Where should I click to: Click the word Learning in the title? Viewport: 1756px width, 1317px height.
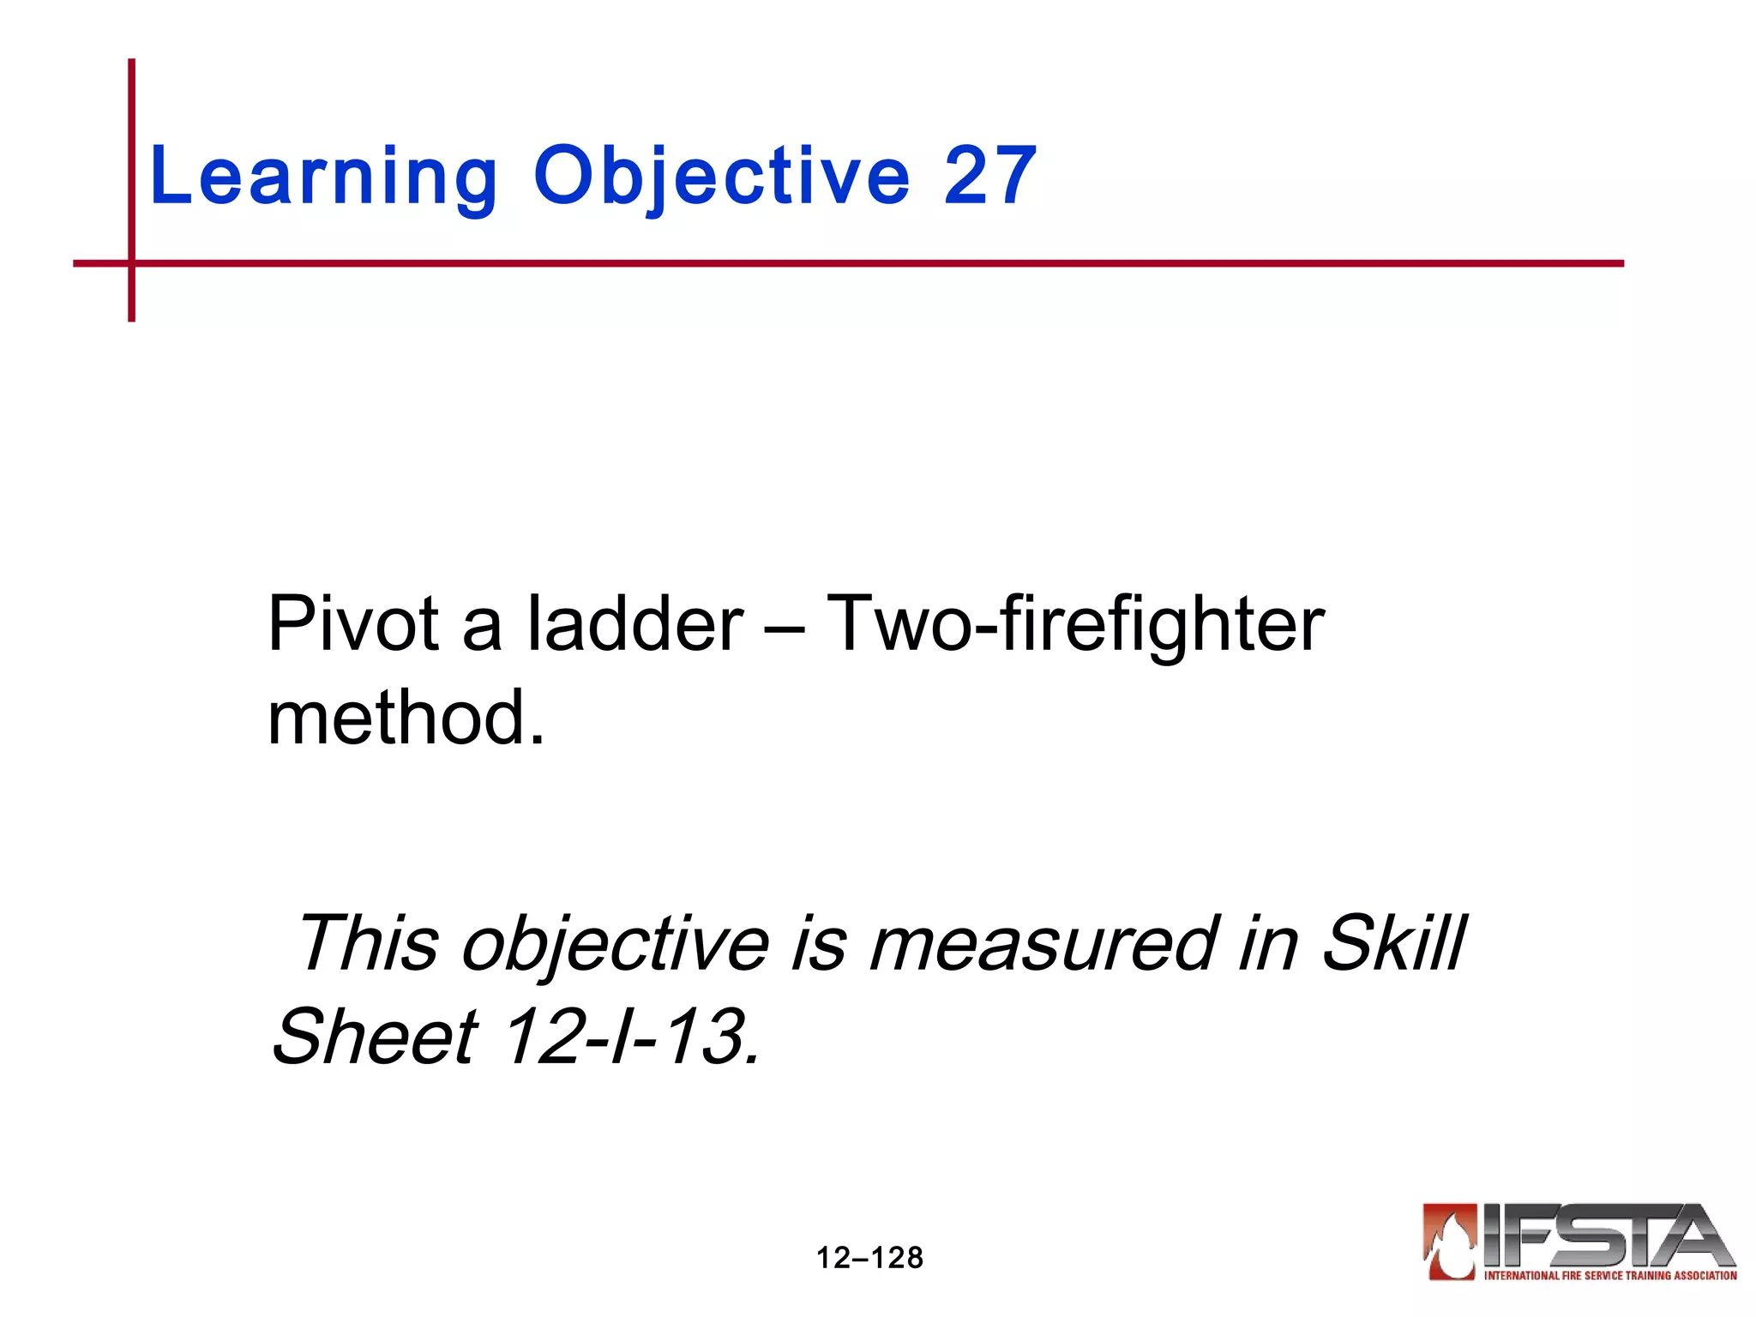(323, 177)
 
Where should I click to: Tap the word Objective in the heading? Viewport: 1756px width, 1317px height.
(721, 177)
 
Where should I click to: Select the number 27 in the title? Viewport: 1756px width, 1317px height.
(990, 176)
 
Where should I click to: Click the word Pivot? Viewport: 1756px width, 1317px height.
(354, 623)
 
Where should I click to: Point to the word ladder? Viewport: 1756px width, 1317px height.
(635, 623)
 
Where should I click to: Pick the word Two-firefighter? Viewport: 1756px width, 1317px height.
(1075, 623)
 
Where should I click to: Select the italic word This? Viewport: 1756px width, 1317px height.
(369, 943)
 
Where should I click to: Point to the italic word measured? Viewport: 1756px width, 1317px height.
(1043, 943)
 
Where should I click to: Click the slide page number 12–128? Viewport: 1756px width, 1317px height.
(869, 1258)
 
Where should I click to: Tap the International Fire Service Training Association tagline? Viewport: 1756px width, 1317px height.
(1610, 1275)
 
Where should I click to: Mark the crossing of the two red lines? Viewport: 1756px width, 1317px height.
(131, 263)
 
